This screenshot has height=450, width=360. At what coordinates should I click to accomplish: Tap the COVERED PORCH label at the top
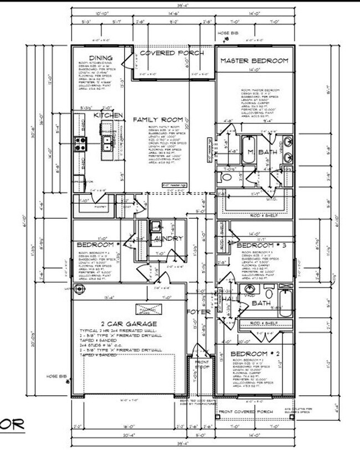171,53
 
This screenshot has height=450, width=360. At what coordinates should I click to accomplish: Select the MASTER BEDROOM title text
254,60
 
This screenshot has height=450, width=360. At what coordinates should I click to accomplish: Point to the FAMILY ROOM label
156,120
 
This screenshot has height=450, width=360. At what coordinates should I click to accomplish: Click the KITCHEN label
107,115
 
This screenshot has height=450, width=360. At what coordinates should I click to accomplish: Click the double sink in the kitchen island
106,144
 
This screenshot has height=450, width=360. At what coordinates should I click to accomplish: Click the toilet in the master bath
225,177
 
